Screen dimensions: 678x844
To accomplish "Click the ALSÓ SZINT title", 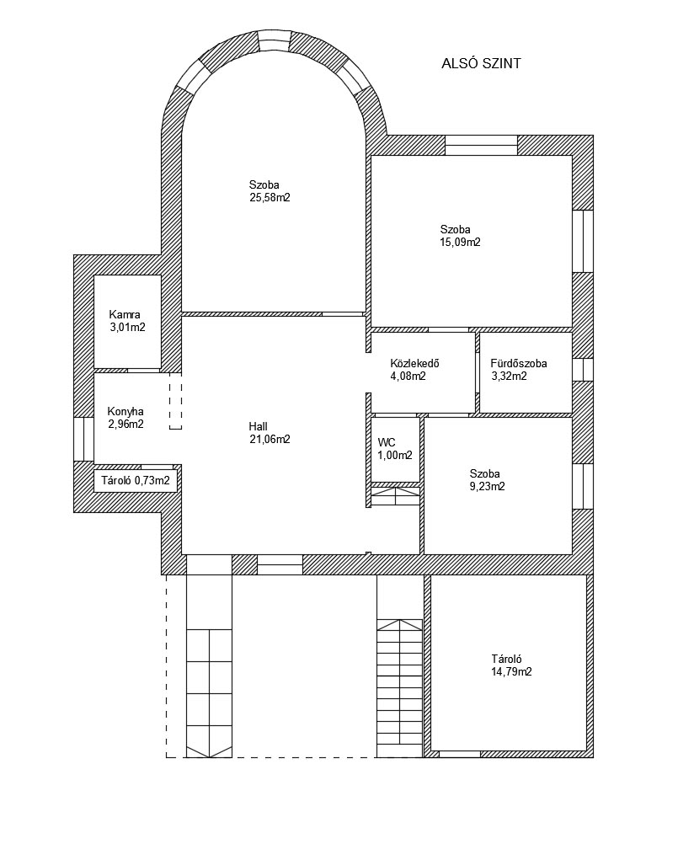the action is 481,63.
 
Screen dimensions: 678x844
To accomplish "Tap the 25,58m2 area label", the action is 270,198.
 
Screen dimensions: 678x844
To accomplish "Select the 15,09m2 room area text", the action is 460,243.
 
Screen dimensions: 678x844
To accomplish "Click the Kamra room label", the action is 125,314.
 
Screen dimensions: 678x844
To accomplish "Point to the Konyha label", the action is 125,412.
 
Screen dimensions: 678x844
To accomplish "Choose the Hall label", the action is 259,426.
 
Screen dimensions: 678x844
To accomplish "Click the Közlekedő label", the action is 415,363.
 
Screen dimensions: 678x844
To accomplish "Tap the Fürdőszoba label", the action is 519,363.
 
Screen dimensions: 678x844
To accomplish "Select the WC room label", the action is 387,442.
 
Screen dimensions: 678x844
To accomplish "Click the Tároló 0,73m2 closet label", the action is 136,481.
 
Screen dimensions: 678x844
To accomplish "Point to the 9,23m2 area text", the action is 487,487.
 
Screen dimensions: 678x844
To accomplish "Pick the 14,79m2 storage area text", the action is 512,672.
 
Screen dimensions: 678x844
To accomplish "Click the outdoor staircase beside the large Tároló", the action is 400,688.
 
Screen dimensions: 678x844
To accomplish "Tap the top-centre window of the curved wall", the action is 275,40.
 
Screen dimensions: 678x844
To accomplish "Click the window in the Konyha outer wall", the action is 84,439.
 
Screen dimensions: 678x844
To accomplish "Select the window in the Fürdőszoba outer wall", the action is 582,370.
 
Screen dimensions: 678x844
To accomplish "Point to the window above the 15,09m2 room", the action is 481,146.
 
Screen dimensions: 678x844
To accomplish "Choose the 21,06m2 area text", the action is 270,439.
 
